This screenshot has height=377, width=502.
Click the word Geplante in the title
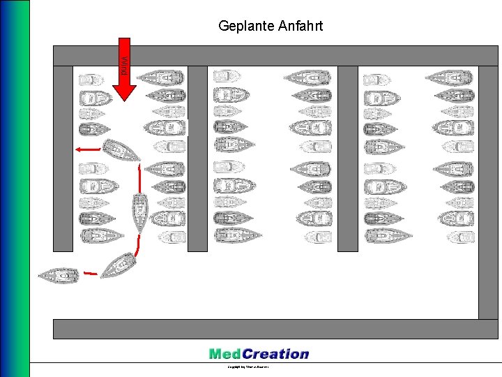tap(242, 27)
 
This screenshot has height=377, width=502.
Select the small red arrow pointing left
tap(87, 149)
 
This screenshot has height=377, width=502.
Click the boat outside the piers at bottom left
tap(59, 276)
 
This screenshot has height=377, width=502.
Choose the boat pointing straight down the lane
tap(140, 211)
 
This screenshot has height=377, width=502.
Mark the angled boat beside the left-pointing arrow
tap(121, 150)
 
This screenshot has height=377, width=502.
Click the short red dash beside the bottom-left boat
tap(89, 271)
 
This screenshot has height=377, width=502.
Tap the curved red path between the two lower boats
tap(139, 246)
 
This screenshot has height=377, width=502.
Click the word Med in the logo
tap(225, 354)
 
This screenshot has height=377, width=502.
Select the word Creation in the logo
tap(275, 354)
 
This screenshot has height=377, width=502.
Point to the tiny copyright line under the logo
tap(248, 367)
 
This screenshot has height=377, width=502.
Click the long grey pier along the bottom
tap(275, 329)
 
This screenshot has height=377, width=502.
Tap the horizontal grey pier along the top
tap(275, 55)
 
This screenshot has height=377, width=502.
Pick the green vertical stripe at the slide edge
tap(25, 188)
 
